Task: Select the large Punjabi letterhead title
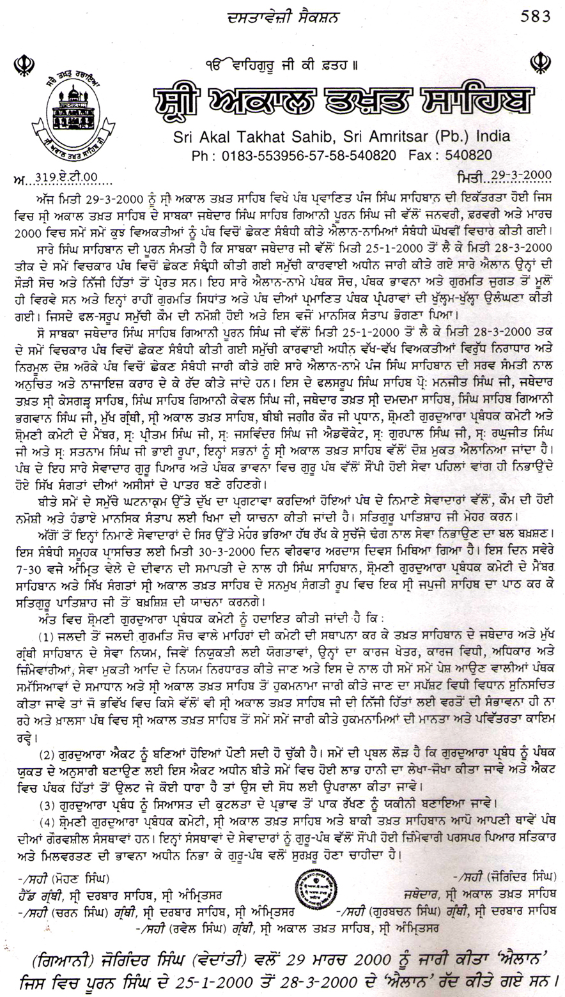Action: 343,102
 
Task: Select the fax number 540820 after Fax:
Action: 468,155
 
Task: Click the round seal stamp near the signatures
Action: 311,888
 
